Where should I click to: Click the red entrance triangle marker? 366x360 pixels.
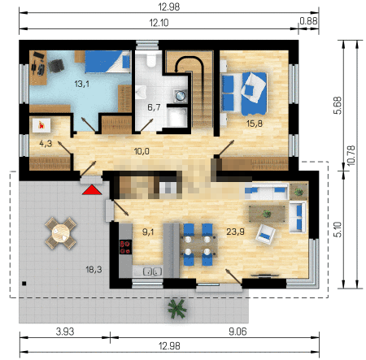[x=92, y=190]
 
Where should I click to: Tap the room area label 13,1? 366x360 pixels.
[x=81, y=84]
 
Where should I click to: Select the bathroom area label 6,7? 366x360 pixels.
[x=154, y=107]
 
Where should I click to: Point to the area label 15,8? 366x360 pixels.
[x=255, y=124]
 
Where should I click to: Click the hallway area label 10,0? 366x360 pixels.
[x=142, y=151]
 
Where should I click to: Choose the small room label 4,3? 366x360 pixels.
[x=46, y=144]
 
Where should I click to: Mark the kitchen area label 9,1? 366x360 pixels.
[x=148, y=232]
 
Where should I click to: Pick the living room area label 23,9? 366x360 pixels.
[x=235, y=232]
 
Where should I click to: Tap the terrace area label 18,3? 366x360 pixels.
[x=94, y=270]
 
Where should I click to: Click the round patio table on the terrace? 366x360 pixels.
[x=61, y=233]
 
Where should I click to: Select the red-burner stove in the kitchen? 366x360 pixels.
[x=125, y=247]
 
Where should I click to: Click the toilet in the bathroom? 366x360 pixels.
[x=150, y=60]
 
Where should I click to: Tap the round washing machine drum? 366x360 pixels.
[x=180, y=95]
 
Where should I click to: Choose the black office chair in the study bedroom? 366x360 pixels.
[x=56, y=66]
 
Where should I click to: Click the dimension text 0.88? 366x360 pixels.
[x=308, y=21]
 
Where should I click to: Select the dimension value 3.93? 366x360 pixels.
[x=65, y=332]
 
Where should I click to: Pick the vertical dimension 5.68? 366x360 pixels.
[x=338, y=106]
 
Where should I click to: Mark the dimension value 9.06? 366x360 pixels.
[x=237, y=332]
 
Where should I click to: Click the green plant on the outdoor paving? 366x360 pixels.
[x=177, y=309]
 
